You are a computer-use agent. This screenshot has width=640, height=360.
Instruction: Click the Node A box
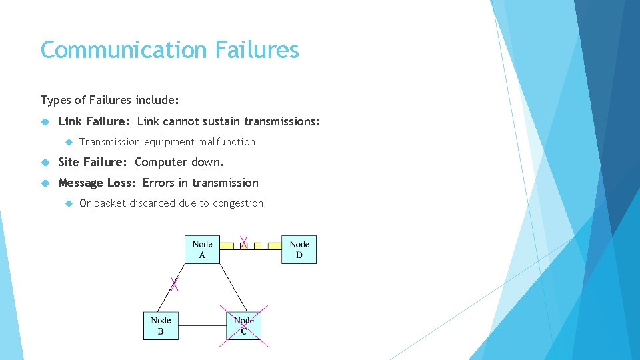coord(202,249)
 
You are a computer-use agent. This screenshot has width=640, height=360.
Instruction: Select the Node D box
coord(299,249)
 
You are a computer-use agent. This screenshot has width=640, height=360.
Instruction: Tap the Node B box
coord(161,325)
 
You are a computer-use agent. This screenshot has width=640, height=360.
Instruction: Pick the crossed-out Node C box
coord(243,325)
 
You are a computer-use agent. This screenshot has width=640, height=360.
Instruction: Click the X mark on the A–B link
coord(175,284)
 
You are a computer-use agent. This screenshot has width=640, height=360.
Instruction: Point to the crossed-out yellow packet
coord(244,245)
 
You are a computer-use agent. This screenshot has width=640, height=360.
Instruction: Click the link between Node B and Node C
coord(203,325)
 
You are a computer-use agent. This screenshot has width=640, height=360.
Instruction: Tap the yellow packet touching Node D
coord(274,245)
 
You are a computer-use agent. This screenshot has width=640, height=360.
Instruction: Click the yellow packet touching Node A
coord(227,245)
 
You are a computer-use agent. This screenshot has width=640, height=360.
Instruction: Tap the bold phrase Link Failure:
coord(95,121)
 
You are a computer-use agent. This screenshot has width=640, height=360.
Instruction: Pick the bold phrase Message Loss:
coord(98,183)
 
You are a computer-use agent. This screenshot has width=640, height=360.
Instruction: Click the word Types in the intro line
coord(55,100)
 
